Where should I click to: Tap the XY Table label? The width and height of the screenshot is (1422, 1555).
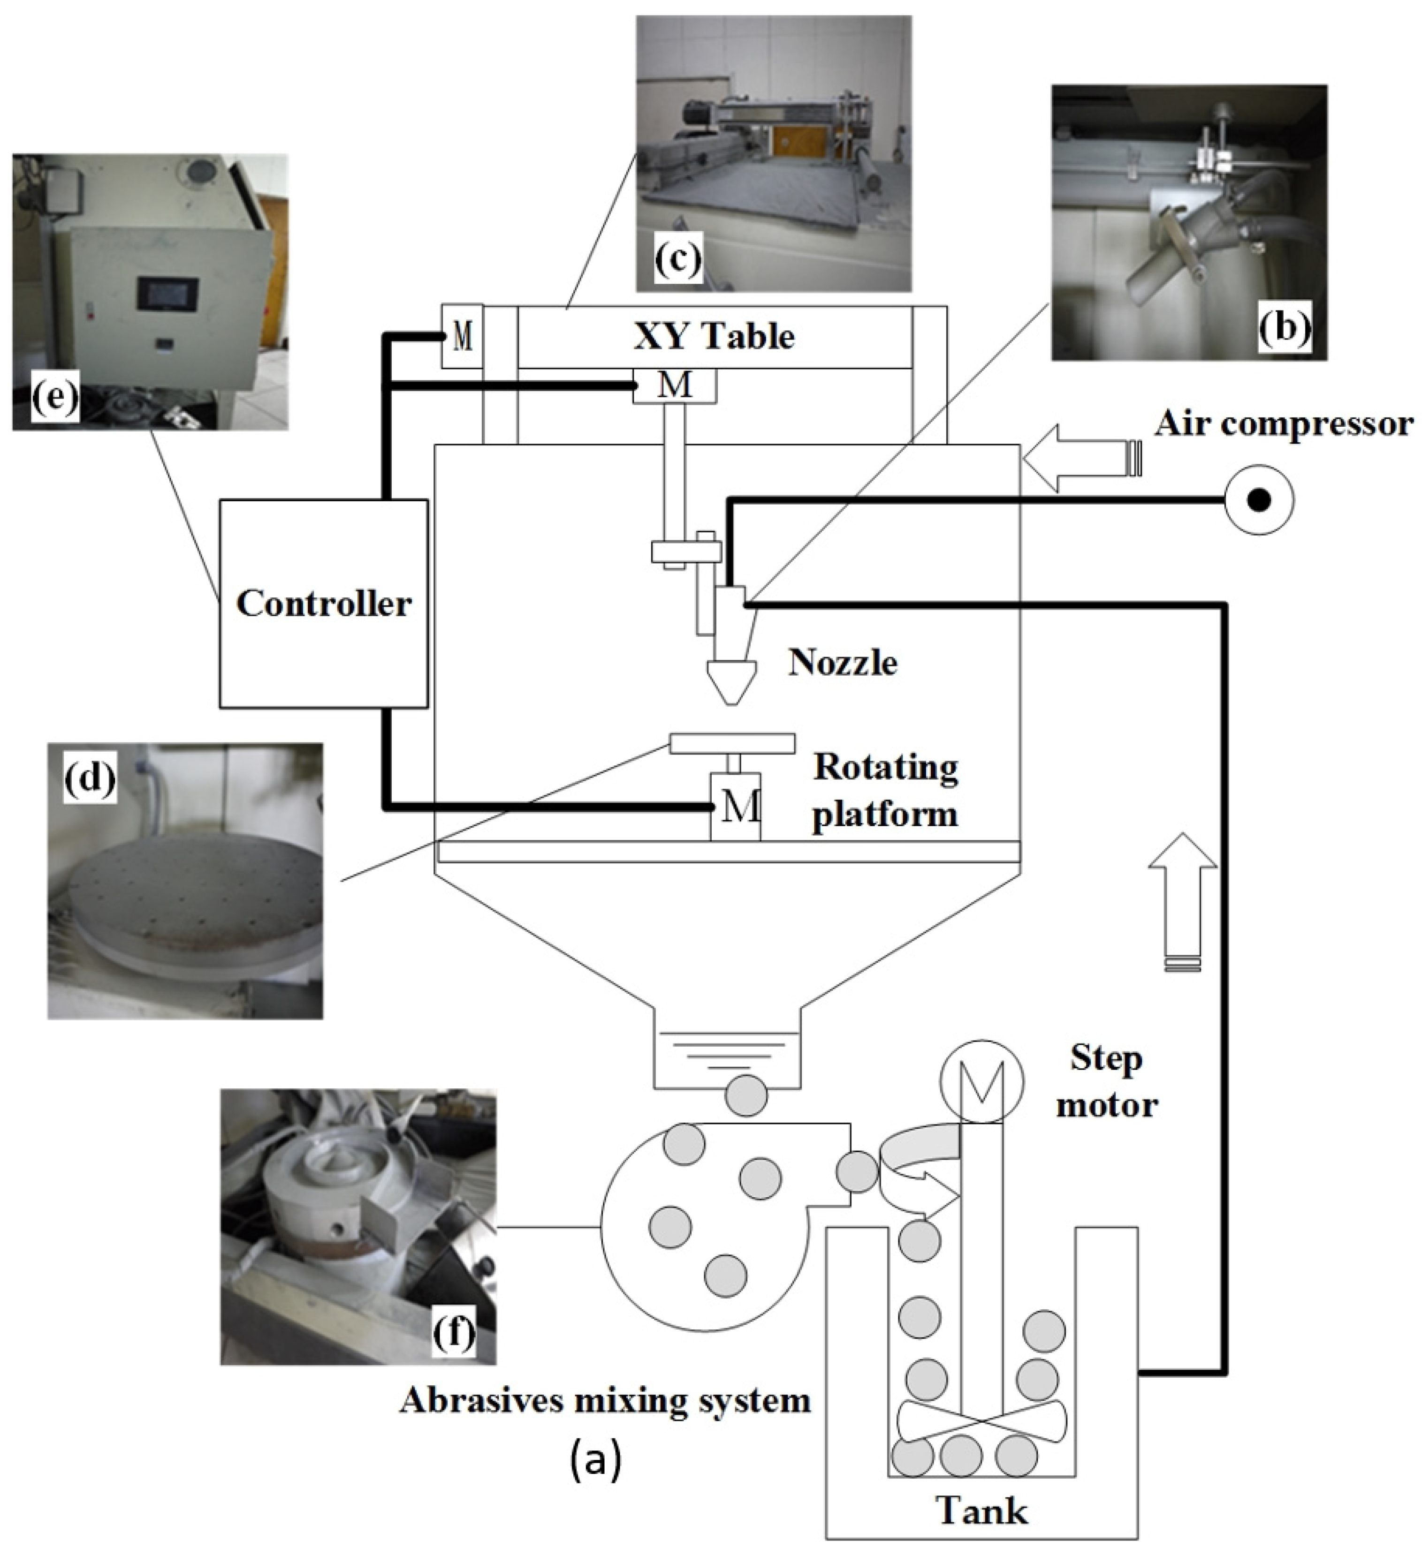tap(714, 336)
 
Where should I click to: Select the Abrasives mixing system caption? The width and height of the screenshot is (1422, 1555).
tap(605, 1400)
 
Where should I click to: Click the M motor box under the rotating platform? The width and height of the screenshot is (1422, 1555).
tap(735, 807)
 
